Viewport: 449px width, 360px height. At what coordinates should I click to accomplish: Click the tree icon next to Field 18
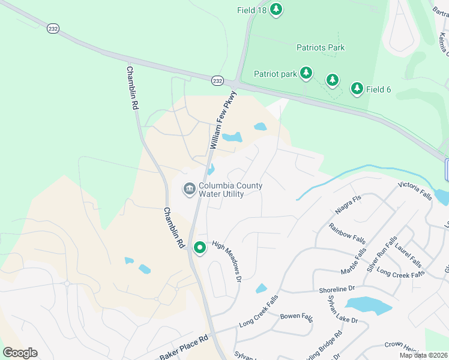click(x=276, y=9)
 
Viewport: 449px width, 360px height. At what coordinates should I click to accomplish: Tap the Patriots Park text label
click(x=321, y=47)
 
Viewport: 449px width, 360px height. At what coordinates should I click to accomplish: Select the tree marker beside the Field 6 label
click(x=357, y=89)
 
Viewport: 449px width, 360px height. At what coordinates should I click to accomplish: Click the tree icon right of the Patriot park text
click(x=306, y=73)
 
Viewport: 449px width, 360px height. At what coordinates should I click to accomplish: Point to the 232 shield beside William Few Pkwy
click(x=217, y=80)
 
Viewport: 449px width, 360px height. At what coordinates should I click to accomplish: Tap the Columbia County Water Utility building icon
click(x=190, y=190)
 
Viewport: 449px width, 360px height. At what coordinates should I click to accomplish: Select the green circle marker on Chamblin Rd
click(x=199, y=247)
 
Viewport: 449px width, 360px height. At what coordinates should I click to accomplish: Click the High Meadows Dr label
click(x=226, y=262)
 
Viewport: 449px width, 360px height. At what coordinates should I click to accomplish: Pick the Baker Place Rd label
click(x=184, y=347)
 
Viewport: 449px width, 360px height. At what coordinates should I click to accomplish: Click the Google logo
click(x=20, y=352)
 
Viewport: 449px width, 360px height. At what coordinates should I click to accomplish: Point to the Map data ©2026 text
click(x=423, y=355)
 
